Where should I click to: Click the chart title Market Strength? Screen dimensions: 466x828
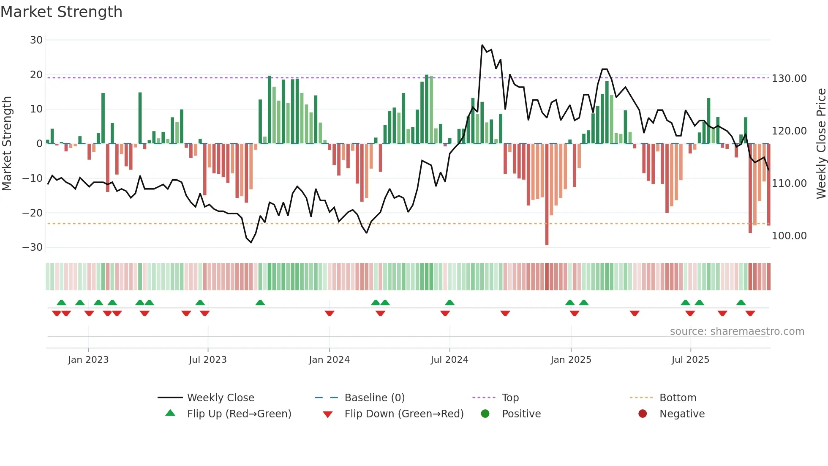click(61, 12)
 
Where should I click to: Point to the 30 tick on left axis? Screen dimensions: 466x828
click(36, 40)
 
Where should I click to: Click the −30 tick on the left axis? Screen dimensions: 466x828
click(33, 247)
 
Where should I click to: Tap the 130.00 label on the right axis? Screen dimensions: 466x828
click(789, 79)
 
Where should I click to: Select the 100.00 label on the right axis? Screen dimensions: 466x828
click(789, 236)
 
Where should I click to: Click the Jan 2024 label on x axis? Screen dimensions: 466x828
click(329, 360)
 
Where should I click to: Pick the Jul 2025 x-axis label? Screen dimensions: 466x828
click(690, 360)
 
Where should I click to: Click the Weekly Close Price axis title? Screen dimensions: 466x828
click(821, 144)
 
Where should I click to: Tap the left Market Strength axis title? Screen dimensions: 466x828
click(7, 144)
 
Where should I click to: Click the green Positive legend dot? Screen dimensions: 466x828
click(485, 414)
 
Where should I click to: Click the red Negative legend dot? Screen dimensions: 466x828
click(643, 414)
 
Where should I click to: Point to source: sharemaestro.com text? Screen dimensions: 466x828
click(737, 332)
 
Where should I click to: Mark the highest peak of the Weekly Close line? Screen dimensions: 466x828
click(482, 45)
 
